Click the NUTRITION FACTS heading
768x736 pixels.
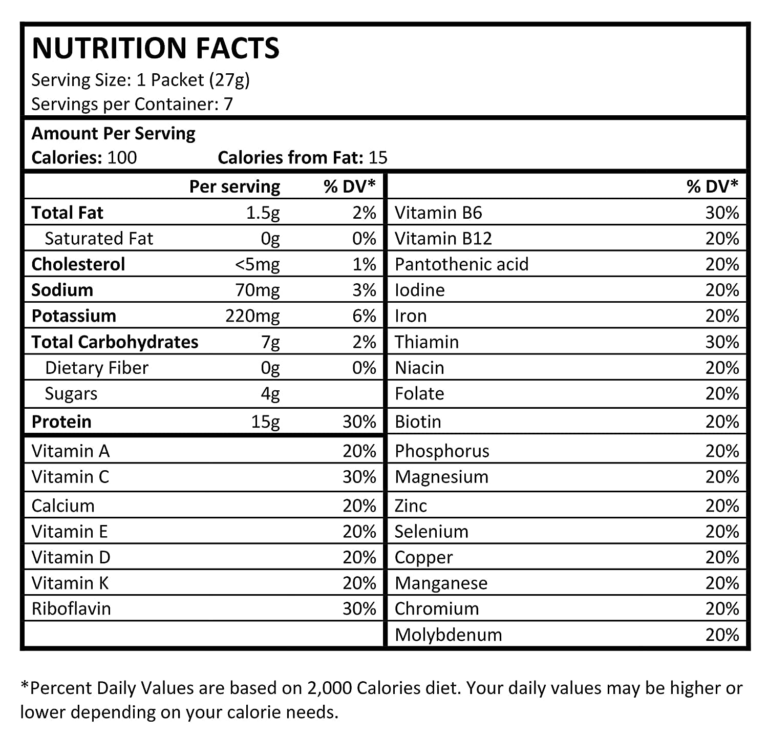click(x=156, y=48)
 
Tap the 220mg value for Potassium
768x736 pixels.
click(x=252, y=316)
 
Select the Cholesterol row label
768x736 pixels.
click(x=78, y=264)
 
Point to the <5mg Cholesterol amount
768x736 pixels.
click(x=258, y=265)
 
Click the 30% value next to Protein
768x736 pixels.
click(x=359, y=422)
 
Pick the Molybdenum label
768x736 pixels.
click(x=449, y=635)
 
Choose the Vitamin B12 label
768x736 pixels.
click(x=443, y=239)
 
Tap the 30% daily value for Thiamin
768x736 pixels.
click(x=722, y=342)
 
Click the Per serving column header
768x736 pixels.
click(x=235, y=187)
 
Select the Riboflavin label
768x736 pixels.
click(x=71, y=608)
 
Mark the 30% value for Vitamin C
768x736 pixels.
click(x=359, y=477)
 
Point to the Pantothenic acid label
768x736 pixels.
click(x=461, y=264)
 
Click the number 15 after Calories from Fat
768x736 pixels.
click(x=378, y=157)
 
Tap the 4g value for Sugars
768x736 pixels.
click(x=270, y=394)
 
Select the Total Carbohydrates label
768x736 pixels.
click(x=115, y=342)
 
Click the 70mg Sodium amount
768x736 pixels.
click(x=258, y=290)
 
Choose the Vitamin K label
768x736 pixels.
click(x=70, y=583)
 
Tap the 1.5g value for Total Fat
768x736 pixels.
click(x=263, y=213)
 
